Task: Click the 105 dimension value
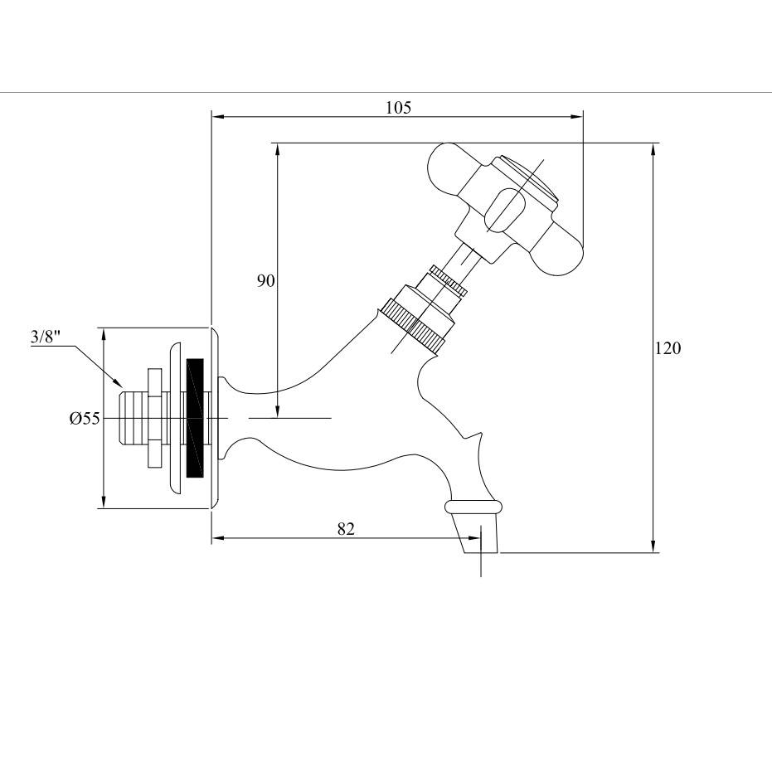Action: point(398,107)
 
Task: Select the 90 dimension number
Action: point(266,281)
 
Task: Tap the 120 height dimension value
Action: point(668,348)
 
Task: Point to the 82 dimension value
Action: point(346,529)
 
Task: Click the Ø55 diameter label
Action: point(85,419)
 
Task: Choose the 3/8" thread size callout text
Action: point(46,337)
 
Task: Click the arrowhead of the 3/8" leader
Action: point(117,381)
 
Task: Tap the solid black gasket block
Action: point(196,418)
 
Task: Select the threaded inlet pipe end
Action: point(133,419)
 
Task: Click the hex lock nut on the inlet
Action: point(154,419)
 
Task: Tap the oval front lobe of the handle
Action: point(506,211)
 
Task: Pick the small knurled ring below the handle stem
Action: point(448,280)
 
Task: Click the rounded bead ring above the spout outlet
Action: point(473,507)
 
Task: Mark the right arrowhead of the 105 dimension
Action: point(576,117)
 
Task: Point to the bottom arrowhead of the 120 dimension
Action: point(653,546)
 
